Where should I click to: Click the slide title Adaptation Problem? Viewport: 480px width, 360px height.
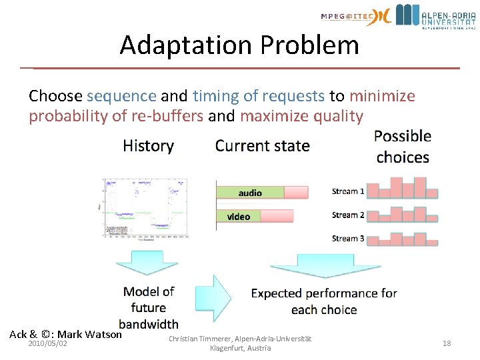pyautogui.click(x=239, y=45)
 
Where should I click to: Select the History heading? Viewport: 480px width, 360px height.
pyautogui.click(x=148, y=146)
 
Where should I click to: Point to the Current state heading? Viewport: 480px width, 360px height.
pyautogui.click(x=262, y=146)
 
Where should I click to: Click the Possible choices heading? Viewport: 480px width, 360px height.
pyautogui.click(x=402, y=147)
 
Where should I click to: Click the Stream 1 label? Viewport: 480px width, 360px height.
pyautogui.click(x=348, y=191)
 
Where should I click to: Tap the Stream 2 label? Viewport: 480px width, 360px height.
pyautogui.click(x=348, y=215)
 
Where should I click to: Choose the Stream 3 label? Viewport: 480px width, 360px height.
pyautogui.click(x=348, y=239)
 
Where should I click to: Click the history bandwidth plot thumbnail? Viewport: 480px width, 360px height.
pyautogui.click(x=145, y=208)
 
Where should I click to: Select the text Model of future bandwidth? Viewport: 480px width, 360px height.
pyautogui.click(x=149, y=307)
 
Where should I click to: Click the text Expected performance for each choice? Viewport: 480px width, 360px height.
pyautogui.click(x=323, y=301)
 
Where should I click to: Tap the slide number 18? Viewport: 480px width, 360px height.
pyautogui.click(x=447, y=343)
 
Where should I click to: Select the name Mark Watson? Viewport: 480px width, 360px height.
pyautogui.click(x=90, y=334)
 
